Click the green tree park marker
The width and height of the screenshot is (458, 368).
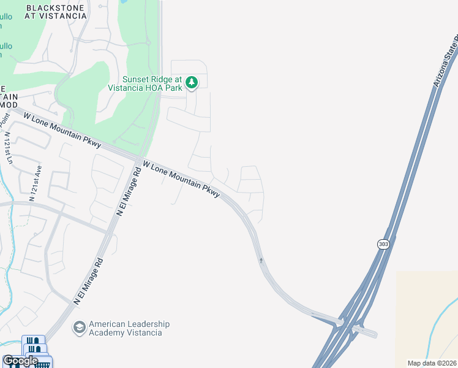192,83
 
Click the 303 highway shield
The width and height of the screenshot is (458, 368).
383,244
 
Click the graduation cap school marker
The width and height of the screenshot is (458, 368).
79,328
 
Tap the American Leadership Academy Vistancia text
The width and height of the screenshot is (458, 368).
129,328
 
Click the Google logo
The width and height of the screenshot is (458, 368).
20,361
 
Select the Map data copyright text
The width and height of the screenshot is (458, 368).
432,363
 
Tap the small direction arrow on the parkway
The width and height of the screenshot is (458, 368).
261,260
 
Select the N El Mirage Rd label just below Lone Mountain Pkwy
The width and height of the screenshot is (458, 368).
129,191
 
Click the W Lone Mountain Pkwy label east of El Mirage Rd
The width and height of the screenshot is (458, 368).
181,179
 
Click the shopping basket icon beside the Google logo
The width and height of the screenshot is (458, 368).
43,364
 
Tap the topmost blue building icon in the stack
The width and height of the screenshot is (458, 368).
33,341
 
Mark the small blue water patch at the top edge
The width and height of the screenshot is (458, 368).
124,2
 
